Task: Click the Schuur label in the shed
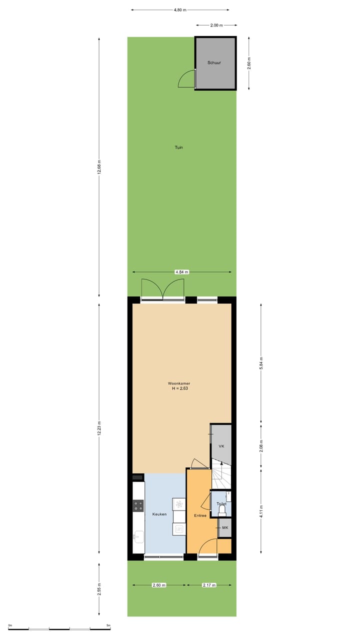click(x=214, y=62)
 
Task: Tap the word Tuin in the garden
click(x=178, y=147)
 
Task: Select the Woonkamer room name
click(x=178, y=383)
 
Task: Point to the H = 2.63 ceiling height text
click(x=179, y=388)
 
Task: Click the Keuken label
click(x=159, y=514)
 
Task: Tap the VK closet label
click(x=221, y=446)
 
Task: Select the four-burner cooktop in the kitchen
click(x=138, y=505)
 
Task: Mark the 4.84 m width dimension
click(x=181, y=272)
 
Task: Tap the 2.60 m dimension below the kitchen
click(x=159, y=585)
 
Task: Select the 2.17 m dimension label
click(x=209, y=585)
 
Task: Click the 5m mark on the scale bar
click(x=108, y=625)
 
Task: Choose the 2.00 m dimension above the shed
click(x=216, y=24)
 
